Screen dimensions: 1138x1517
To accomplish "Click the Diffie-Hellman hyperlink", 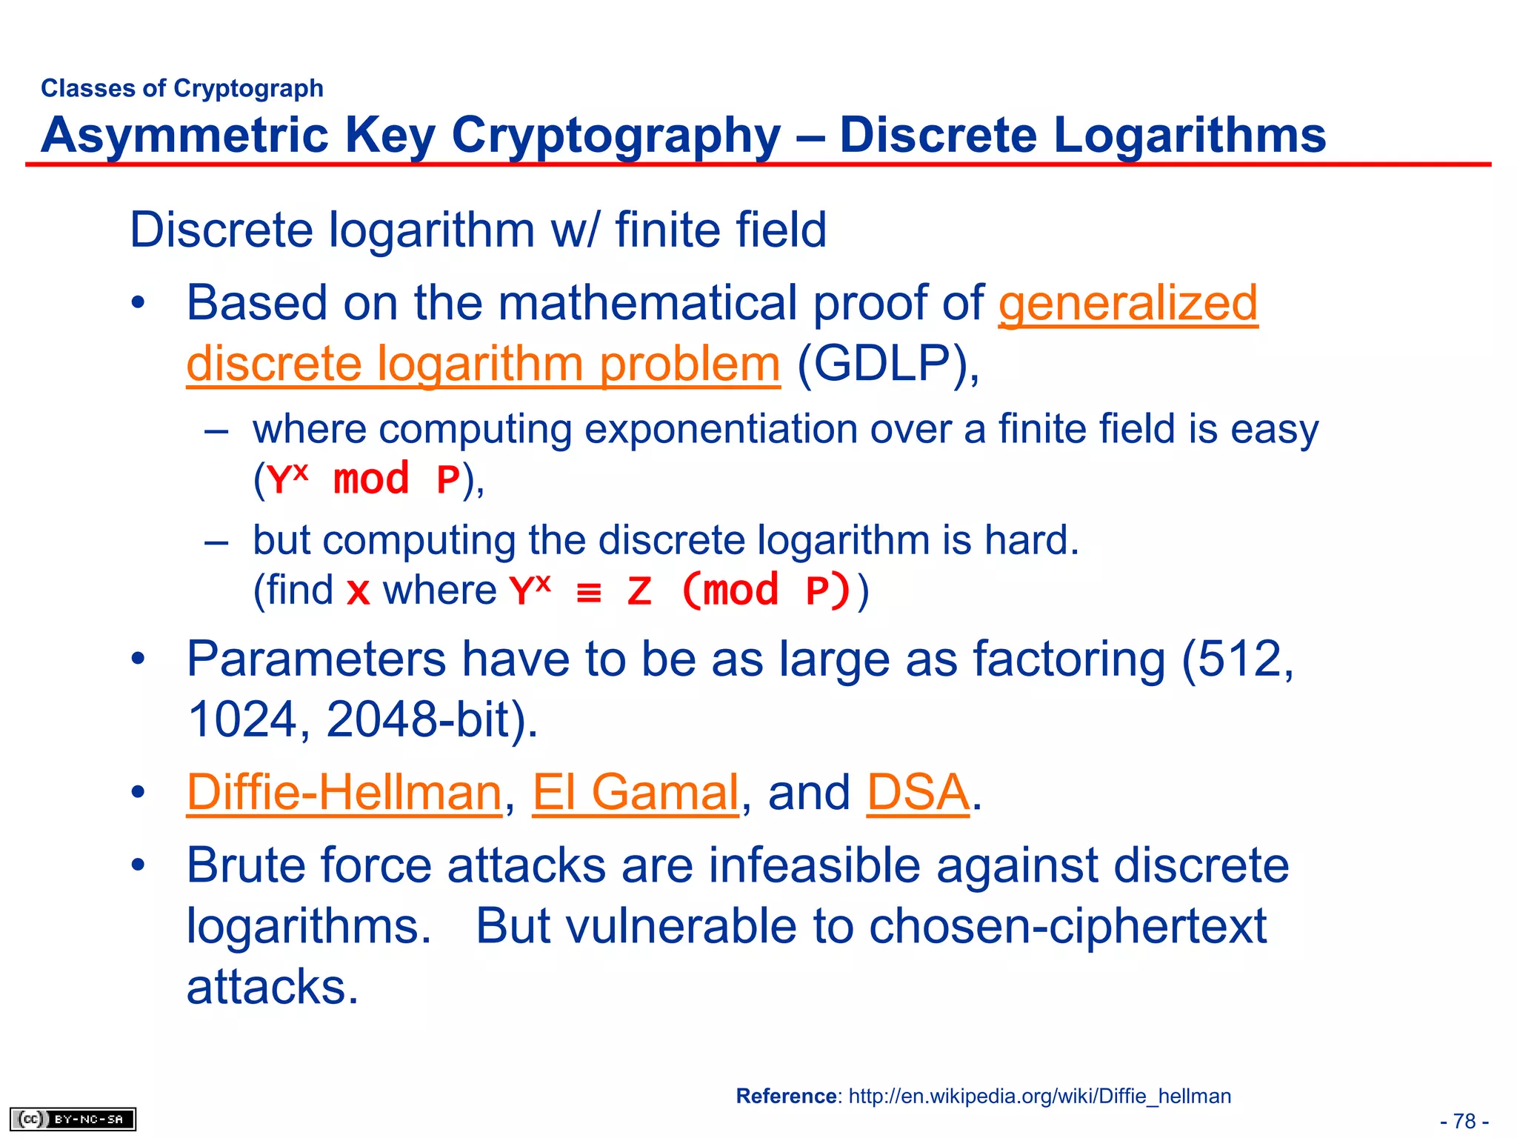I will coord(344,792).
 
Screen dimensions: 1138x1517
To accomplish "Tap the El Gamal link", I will coord(635,792).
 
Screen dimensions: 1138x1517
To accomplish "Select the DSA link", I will coord(917,792).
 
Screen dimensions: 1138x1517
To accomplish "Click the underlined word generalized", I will coord(1127,304).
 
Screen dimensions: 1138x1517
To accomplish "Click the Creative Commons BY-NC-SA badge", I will coord(73,1119).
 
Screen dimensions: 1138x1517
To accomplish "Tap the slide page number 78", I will coord(1464,1121).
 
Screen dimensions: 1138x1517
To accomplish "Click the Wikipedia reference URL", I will coord(1039,1096).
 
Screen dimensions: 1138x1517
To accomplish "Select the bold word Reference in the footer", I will coord(786,1096).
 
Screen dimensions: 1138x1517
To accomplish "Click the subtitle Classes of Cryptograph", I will coord(182,88).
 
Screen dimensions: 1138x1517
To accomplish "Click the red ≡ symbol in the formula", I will coord(589,592).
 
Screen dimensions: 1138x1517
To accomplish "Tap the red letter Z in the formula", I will coord(639,592).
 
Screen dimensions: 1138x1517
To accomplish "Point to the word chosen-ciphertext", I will coord(1067,926).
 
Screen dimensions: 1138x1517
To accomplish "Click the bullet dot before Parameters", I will coord(139,659).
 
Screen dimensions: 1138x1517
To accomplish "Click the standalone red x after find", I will coord(359,593).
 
